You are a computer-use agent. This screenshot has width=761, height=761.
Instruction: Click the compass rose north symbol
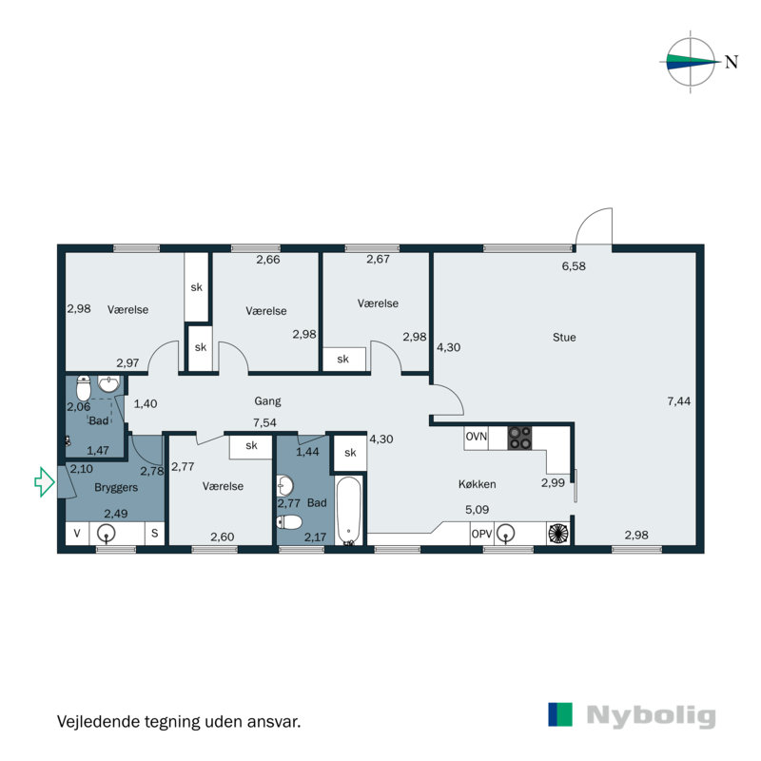click(x=692, y=63)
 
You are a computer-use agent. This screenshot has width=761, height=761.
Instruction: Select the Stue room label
click(x=564, y=337)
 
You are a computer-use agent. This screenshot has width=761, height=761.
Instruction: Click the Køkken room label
click(x=478, y=484)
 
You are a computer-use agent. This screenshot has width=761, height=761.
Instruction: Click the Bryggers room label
click(x=116, y=486)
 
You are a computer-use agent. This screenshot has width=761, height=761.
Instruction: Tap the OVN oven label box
click(x=476, y=438)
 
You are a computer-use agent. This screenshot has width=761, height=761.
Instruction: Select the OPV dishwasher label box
click(x=482, y=535)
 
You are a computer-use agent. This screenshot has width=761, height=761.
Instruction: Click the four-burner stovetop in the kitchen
click(x=519, y=438)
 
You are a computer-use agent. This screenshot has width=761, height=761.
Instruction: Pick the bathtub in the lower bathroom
click(x=349, y=512)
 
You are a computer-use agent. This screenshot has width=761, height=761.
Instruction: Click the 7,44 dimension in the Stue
click(x=679, y=401)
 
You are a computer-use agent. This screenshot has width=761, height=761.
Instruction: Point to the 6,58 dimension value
click(x=573, y=266)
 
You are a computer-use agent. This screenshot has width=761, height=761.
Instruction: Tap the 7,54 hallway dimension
click(x=264, y=422)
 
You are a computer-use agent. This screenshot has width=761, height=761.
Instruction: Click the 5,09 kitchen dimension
click(x=477, y=510)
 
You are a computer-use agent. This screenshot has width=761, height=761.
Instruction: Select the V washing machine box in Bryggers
click(x=76, y=535)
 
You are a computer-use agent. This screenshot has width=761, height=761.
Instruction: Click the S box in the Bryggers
click(x=152, y=535)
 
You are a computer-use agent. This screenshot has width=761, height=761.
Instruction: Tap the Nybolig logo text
click(x=651, y=716)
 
